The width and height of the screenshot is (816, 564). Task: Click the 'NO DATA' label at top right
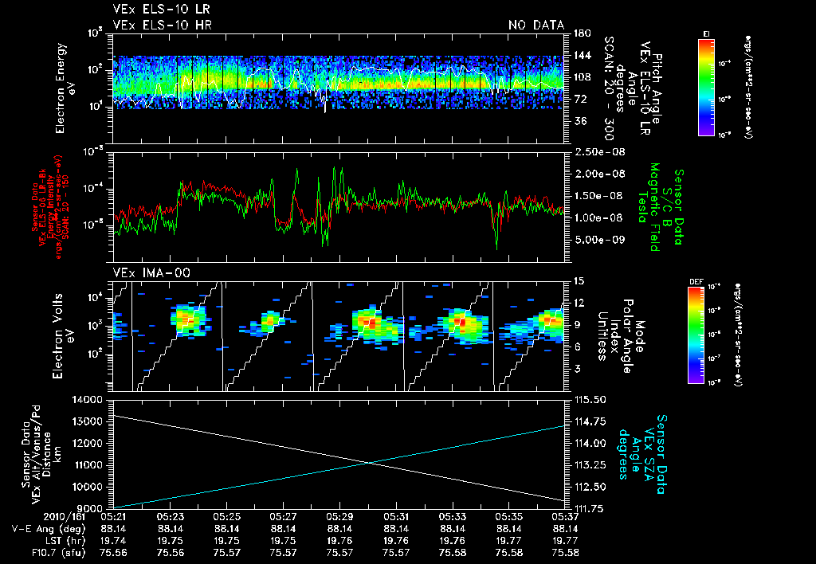pyautogui.click(x=536, y=25)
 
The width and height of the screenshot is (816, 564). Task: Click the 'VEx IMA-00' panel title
pyautogui.click(x=140, y=272)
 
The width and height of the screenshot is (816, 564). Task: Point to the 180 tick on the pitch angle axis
pyautogui.click(x=581, y=33)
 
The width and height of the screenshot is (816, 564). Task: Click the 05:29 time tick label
pyautogui.click(x=340, y=516)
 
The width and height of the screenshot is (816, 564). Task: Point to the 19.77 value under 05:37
pyautogui.click(x=565, y=540)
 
